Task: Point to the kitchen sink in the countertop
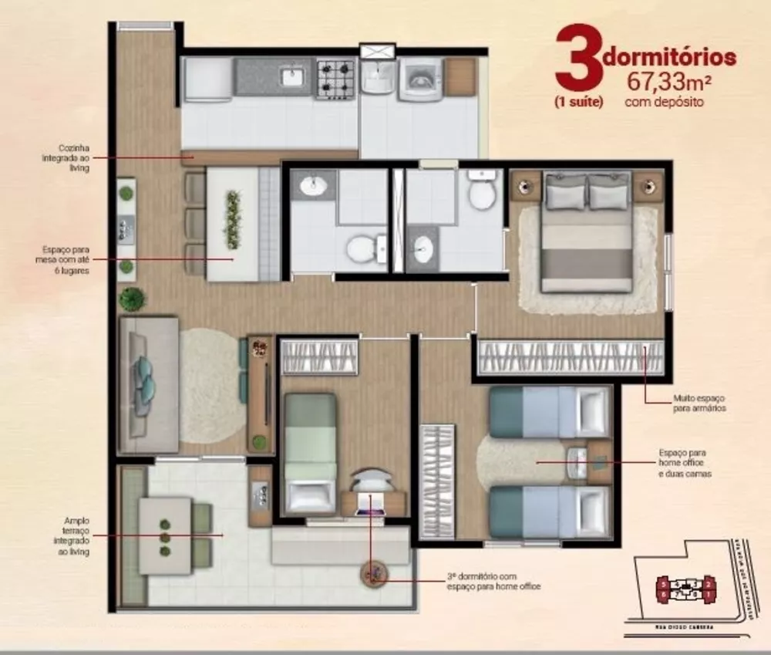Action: (293, 77)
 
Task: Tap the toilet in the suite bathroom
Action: (483, 193)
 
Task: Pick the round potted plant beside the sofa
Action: (133, 298)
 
